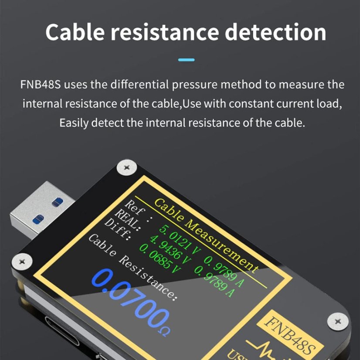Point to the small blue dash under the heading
click(187, 60)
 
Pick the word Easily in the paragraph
click(75, 123)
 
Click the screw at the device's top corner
click(127, 167)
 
